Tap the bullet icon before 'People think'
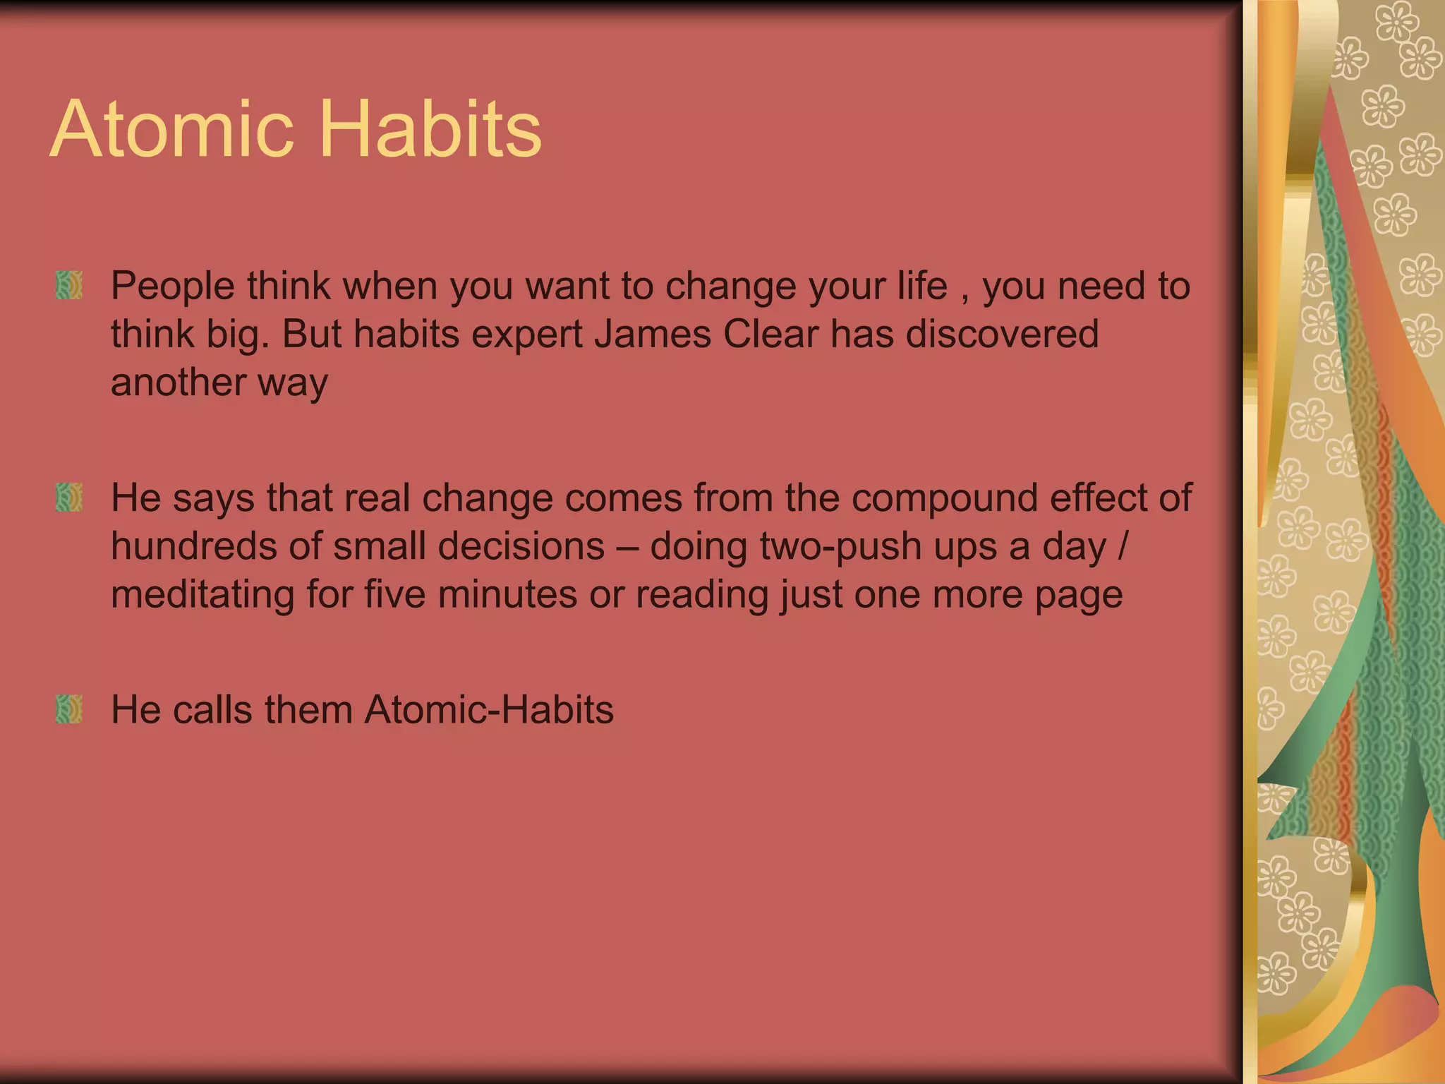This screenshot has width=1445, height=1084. [x=69, y=286]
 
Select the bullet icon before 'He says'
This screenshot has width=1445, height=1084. [x=69, y=498]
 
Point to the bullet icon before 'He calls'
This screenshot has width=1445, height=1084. [x=69, y=709]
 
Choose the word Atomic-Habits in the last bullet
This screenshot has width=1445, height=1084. [x=489, y=709]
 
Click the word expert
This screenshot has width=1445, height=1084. [x=526, y=335]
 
